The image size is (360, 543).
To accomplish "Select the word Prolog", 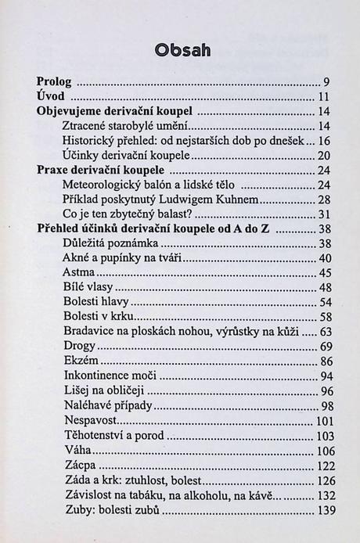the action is click(54, 81).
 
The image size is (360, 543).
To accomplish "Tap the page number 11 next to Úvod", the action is click(324, 97).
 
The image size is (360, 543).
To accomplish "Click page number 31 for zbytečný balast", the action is click(325, 214).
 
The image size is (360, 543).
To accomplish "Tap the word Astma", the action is click(79, 273).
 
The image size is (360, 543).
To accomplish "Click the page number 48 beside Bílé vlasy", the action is click(326, 287).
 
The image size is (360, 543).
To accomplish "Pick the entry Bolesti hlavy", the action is click(95, 302).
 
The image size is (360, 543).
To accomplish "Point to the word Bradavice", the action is click(90, 332).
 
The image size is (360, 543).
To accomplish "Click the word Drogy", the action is click(79, 347).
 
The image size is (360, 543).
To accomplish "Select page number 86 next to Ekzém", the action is click(326, 361).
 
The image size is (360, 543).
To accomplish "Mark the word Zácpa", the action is click(79, 466).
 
